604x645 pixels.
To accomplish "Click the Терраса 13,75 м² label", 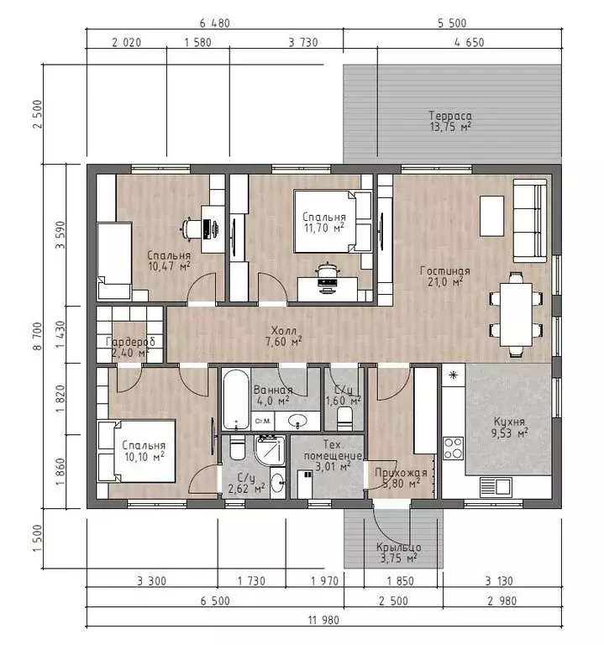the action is click(x=450, y=121).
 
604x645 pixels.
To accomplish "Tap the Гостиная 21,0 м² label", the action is click(x=444, y=276).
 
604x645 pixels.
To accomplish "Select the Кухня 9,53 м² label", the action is click(x=509, y=427).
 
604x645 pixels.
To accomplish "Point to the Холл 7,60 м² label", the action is click(x=283, y=336).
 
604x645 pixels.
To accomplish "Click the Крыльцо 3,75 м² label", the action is click(x=398, y=553).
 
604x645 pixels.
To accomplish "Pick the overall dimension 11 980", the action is click(x=323, y=620).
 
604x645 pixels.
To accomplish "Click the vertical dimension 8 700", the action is click(x=38, y=336).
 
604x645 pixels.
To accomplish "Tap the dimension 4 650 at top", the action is click(x=469, y=42).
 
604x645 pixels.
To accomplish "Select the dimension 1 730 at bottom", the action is click(x=251, y=581).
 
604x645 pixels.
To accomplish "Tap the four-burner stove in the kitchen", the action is click(x=453, y=448).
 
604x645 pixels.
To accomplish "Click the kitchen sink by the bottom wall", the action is click(x=496, y=487).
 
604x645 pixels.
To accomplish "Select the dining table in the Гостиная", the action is click(x=516, y=314).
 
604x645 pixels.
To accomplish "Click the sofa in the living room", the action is click(x=530, y=221).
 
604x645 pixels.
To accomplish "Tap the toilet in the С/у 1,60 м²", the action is click(x=344, y=418).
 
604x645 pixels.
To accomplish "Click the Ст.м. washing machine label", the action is click(x=262, y=421).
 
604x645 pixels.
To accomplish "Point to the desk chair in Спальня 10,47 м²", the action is click(x=190, y=228).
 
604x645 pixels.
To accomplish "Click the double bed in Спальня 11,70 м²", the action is click(x=333, y=221).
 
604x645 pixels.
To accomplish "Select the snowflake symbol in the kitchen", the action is click(x=453, y=375).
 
